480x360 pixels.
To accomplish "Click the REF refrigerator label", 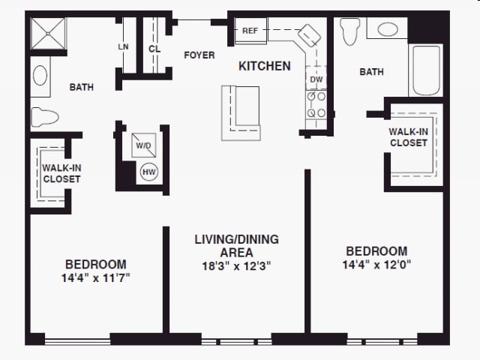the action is (250, 31).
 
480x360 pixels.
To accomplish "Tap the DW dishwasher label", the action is (316, 79).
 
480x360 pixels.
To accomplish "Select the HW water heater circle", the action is (149, 172).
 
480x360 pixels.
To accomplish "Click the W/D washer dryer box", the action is (143, 145).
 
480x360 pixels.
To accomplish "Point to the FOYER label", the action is (199, 55).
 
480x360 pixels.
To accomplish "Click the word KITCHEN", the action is (265, 66).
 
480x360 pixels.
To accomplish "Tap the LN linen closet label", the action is (123, 46).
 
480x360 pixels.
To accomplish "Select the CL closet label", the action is (154, 49).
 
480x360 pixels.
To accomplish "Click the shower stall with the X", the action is (48, 33).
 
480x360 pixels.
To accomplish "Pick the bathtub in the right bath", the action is (426, 70).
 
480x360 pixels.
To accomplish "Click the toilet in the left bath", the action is (45, 117).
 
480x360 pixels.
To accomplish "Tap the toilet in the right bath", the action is (350, 31).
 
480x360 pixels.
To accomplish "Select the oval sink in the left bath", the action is (40, 75).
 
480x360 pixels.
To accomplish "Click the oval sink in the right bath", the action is (388, 29).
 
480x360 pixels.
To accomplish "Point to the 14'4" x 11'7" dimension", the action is (96, 278).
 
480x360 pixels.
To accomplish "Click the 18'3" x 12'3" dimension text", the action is (237, 266).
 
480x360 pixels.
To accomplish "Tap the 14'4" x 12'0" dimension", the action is (376, 265).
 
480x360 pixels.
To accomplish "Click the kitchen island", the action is (241, 113).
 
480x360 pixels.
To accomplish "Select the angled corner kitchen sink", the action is (309, 35).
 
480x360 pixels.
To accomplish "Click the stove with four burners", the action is (316, 105).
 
